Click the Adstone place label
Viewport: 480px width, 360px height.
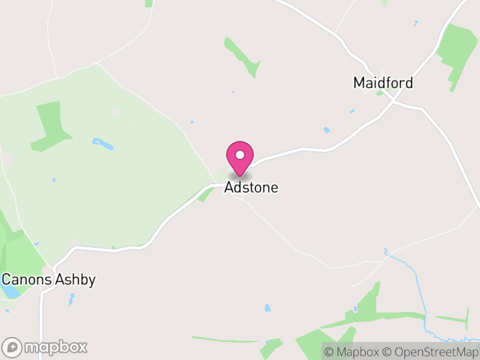coord(251,188)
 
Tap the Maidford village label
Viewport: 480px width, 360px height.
coord(383,83)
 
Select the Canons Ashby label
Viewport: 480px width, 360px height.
coord(48,280)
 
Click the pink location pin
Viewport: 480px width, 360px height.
coord(240,158)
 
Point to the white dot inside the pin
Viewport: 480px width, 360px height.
coord(240,155)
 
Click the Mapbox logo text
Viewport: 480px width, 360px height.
coord(56,347)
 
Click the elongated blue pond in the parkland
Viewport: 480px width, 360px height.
coord(103,144)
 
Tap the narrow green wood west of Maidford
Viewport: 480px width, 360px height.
coord(243,58)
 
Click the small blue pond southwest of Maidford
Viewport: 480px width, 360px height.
coord(326,130)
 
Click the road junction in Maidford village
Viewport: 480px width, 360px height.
coord(393,101)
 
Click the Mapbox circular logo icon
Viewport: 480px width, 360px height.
coord(13,347)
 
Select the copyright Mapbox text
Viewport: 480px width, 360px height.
coord(353,352)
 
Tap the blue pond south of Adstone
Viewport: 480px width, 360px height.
coord(268,308)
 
